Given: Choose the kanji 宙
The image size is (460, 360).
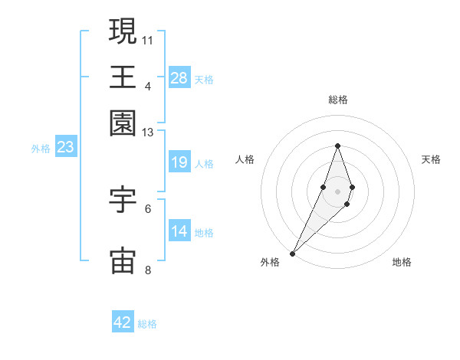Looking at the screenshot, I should [123, 260].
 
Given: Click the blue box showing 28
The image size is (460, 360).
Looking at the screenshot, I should [179, 78].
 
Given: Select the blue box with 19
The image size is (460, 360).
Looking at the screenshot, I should [179, 163].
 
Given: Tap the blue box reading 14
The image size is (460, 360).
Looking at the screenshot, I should [179, 232].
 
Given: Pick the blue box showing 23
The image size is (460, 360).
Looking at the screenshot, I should [65, 148].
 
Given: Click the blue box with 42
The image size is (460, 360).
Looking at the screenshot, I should [123, 323].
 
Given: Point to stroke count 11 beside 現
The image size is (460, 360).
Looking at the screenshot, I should [148, 38].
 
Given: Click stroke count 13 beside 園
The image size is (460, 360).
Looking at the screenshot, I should [148, 133].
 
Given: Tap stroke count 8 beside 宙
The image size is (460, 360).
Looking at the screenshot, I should [148, 270].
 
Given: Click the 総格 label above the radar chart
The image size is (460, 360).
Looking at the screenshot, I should [338, 100].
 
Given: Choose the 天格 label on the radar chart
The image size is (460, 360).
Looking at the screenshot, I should [431, 159].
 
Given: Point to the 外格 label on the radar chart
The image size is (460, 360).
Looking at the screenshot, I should [270, 262].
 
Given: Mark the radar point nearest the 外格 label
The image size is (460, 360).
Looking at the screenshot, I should [293, 252].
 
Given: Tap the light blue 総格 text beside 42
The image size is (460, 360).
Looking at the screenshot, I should [147, 324].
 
